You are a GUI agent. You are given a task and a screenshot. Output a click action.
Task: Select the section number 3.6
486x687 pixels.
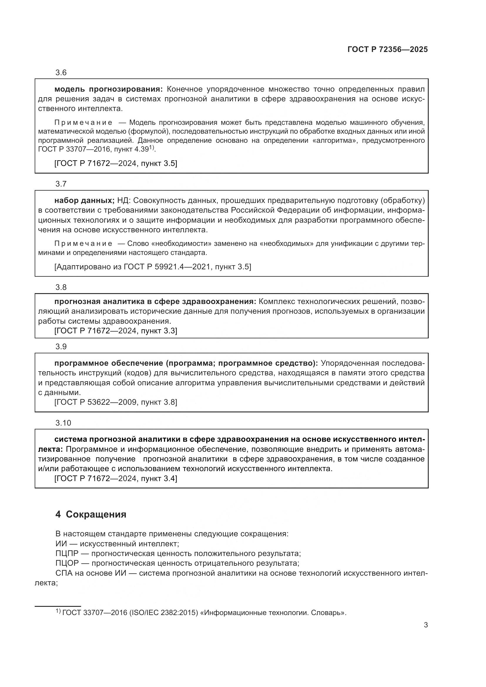61,73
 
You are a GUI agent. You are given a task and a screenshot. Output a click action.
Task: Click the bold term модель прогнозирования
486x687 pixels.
108,89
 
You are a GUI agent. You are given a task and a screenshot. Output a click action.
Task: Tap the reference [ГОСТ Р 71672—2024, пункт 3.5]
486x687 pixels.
116,163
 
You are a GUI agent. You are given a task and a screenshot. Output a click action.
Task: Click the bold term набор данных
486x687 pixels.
84,201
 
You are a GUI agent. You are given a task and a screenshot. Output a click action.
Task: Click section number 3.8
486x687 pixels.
61,288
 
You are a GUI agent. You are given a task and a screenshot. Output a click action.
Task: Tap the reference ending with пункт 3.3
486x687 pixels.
116,331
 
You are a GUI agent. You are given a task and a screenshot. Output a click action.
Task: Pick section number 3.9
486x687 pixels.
61,347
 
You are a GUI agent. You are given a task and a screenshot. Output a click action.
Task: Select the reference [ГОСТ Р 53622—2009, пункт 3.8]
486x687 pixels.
116,402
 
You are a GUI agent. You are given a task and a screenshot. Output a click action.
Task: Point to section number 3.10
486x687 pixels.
63,423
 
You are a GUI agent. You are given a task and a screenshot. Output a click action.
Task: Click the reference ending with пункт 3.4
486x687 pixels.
116,478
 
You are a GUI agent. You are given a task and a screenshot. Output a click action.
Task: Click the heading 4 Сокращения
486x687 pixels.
91,514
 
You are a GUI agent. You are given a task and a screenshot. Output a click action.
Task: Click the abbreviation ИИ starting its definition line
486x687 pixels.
61,543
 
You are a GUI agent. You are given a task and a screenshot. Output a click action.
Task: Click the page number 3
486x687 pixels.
425,625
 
